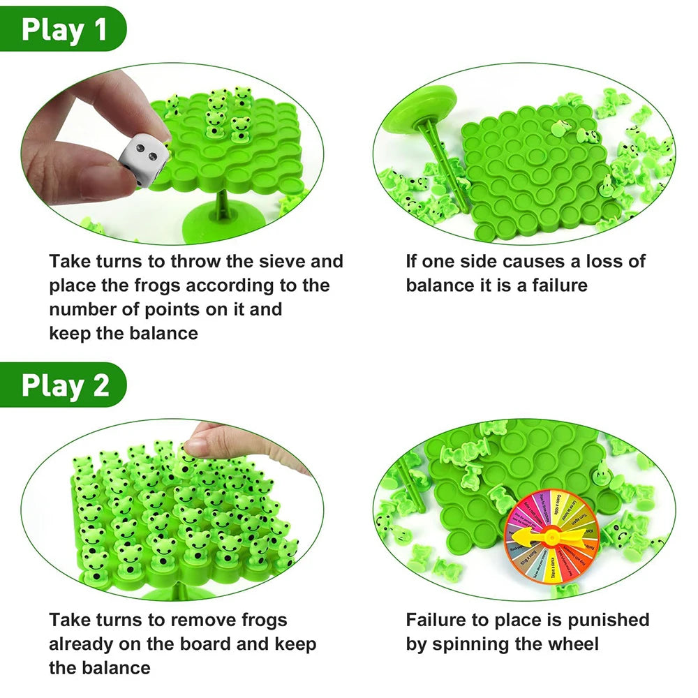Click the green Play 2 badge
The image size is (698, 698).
point(64,385)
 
